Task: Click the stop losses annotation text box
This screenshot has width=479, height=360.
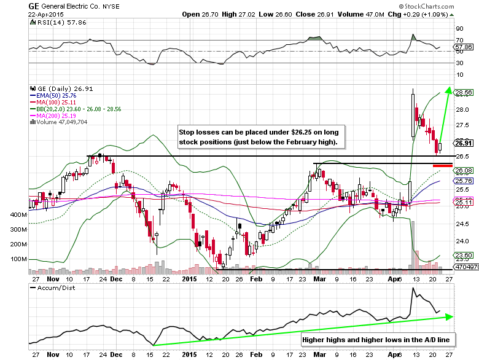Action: point(261,137)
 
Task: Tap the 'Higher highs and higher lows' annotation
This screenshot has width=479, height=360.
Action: point(374,339)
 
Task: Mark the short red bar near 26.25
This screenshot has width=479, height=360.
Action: point(443,165)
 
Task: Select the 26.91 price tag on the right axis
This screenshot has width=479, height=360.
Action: point(463,144)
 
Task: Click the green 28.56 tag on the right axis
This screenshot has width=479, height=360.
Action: point(463,93)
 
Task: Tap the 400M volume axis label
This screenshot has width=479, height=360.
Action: point(18,214)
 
